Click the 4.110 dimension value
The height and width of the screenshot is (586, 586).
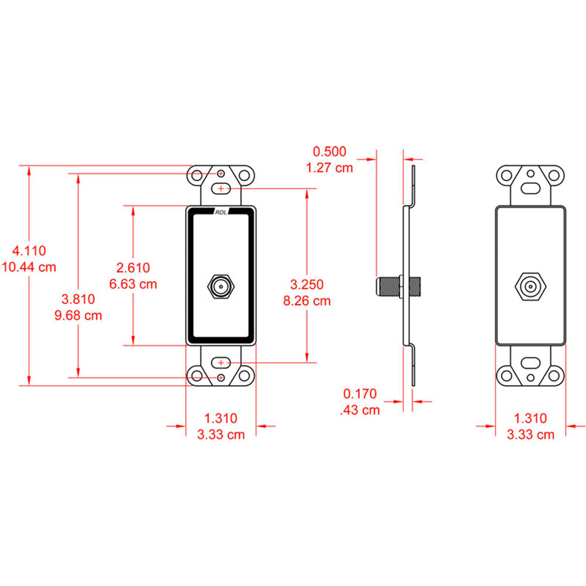29,251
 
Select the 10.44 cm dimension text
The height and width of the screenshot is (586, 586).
29,267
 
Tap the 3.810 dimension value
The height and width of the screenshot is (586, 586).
79,299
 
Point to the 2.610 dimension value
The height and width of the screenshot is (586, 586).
134,268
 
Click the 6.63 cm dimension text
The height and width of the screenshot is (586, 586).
134,284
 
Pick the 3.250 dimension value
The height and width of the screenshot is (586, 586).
306,285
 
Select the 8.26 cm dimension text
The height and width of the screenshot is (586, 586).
306,301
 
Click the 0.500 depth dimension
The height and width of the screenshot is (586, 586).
330,151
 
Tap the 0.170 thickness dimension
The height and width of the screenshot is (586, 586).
360,394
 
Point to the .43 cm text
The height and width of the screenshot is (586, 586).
360,410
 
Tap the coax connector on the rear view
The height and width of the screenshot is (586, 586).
530,288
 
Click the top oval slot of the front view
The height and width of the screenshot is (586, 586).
221,189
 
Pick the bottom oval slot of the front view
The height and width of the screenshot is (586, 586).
221,363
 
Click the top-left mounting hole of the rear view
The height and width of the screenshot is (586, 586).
506,175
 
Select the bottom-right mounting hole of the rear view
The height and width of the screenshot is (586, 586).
554,374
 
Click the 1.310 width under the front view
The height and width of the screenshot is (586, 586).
221,418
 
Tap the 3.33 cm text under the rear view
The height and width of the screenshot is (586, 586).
530,434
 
